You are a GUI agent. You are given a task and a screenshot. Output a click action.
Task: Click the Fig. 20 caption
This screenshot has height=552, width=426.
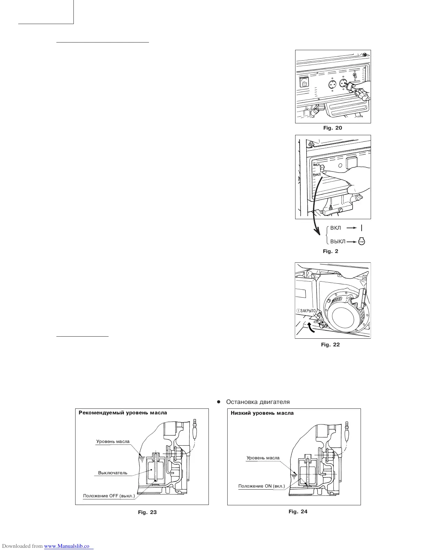click(x=332, y=128)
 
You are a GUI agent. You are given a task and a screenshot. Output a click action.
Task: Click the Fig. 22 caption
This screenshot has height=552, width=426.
click(x=330, y=345)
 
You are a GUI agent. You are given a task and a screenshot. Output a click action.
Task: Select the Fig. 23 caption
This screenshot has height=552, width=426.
click(x=147, y=512)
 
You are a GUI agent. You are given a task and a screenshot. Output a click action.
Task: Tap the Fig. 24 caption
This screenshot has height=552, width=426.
click(x=298, y=512)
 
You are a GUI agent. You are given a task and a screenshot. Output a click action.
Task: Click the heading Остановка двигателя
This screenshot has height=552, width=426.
click(x=258, y=402)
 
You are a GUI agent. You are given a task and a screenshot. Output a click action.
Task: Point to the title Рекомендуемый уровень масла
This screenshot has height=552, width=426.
click(x=123, y=413)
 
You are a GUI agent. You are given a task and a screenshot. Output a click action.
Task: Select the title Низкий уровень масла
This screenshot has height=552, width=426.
click(x=262, y=413)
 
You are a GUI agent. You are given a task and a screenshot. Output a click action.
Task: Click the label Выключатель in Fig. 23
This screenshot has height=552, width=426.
click(x=113, y=473)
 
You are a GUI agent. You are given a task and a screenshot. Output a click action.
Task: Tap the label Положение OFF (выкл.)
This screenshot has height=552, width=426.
click(x=109, y=496)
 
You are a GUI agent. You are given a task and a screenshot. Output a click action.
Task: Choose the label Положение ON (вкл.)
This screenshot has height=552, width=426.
click(x=261, y=486)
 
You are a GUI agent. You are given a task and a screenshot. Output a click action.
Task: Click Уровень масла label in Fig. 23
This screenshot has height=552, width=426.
click(x=113, y=442)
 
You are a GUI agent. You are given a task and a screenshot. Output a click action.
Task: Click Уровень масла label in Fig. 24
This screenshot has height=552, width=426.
click(x=263, y=458)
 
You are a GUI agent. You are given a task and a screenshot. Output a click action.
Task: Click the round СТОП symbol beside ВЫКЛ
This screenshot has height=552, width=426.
click(x=361, y=242)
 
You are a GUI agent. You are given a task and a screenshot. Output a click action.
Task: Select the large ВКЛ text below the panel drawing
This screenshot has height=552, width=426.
click(x=336, y=228)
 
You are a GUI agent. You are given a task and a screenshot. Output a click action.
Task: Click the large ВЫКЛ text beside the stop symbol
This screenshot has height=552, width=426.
click(x=338, y=242)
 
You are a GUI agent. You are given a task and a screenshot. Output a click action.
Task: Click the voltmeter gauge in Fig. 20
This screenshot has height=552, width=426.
click(x=304, y=82)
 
